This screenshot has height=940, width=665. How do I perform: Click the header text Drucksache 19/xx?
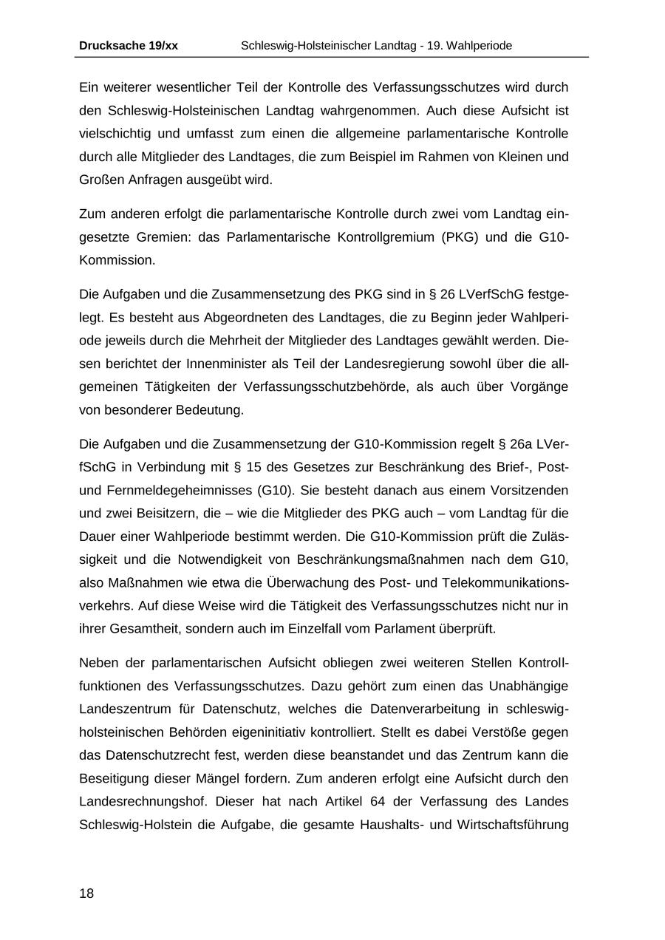(x=128, y=46)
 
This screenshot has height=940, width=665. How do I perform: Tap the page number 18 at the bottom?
(x=86, y=893)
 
